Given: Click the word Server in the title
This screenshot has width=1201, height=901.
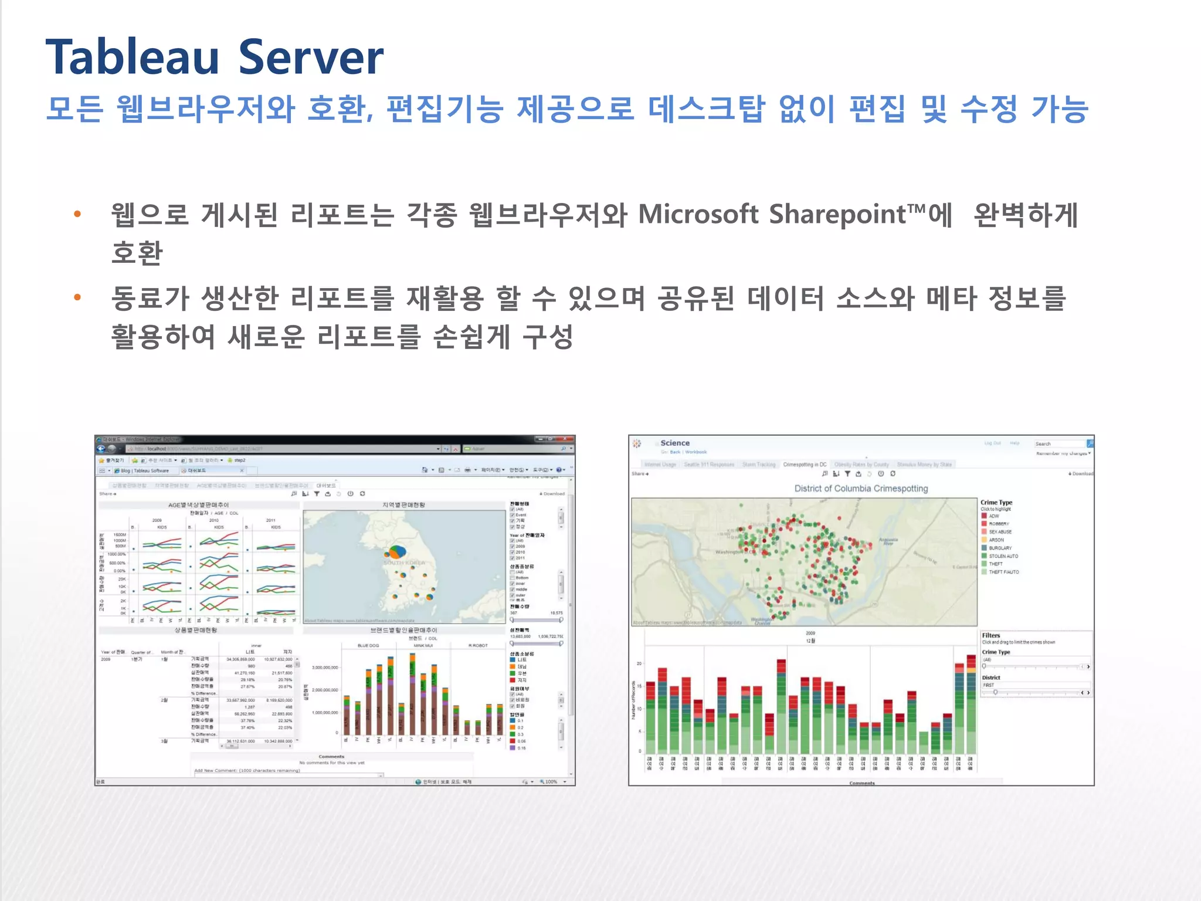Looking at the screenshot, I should (311, 57).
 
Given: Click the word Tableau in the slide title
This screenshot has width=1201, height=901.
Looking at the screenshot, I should (133, 57).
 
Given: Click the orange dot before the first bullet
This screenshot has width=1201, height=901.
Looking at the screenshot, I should (77, 214).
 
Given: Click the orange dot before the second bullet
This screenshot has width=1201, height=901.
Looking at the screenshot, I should (77, 298).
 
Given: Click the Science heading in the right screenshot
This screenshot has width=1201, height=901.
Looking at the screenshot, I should (675, 443).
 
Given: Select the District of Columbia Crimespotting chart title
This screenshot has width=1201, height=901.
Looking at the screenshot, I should (861, 488).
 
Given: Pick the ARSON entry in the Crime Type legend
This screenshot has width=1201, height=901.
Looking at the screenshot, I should (996, 540).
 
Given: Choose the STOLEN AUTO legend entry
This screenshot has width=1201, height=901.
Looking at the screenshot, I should (1003, 555).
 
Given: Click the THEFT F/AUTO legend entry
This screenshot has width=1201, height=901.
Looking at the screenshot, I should (1003, 572).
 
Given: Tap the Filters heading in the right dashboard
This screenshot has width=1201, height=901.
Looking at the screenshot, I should (991, 635).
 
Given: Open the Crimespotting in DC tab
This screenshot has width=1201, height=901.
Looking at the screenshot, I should (805, 464).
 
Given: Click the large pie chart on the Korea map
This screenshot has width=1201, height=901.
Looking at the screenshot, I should (397, 552).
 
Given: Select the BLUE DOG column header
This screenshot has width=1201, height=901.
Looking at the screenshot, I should (368, 645).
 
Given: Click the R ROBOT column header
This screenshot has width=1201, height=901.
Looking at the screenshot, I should (478, 645).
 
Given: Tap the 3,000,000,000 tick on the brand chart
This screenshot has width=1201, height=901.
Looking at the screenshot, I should (325, 668).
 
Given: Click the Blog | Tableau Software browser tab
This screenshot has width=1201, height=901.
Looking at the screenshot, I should (144, 470).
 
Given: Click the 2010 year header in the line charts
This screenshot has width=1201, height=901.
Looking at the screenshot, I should (214, 520).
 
